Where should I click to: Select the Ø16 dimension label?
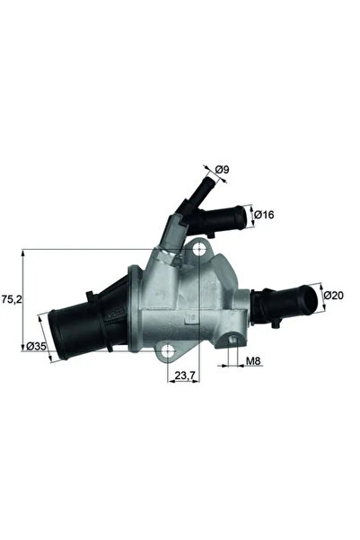(x=262, y=216)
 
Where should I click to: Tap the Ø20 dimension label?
(x=333, y=295)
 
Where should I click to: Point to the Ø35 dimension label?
(x=36, y=346)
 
